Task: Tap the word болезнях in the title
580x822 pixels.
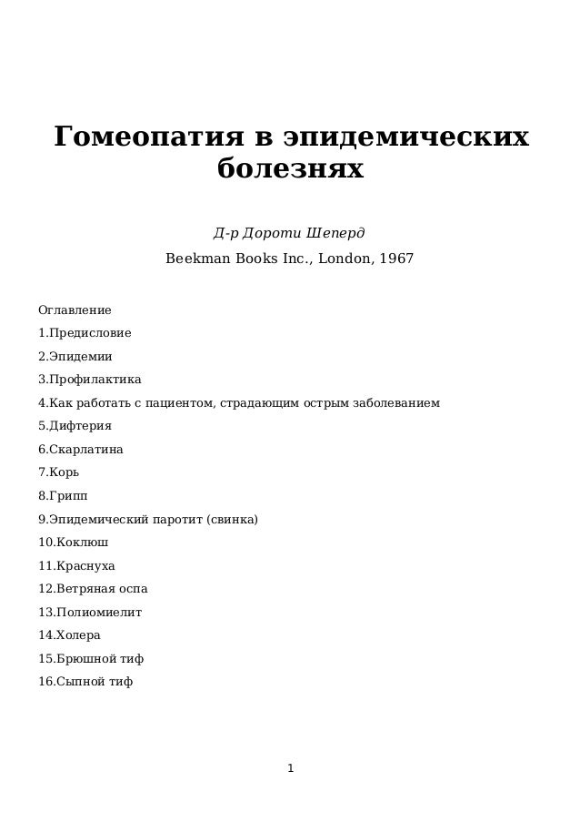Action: (x=290, y=169)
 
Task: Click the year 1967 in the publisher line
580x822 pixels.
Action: (x=396, y=259)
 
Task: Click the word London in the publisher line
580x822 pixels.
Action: (x=345, y=259)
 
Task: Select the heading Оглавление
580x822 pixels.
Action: (x=75, y=310)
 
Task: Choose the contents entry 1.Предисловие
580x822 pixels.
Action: (x=85, y=333)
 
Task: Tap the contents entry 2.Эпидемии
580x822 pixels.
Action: (x=75, y=356)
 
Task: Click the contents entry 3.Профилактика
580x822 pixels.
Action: (x=89, y=380)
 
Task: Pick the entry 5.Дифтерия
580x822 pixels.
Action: (x=75, y=426)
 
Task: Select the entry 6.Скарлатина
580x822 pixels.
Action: (x=80, y=450)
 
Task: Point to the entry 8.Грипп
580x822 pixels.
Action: (x=63, y=496)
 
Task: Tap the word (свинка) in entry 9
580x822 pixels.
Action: (x=232, y=520)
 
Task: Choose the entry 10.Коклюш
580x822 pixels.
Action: (x=73, y=543)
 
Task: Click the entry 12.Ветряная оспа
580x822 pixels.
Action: (x=93, y=589)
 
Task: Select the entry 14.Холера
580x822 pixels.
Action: (x=69, y=635)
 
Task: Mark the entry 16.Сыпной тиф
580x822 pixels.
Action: (x=85, y=682)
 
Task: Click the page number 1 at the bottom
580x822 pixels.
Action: (x=290, y=769)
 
